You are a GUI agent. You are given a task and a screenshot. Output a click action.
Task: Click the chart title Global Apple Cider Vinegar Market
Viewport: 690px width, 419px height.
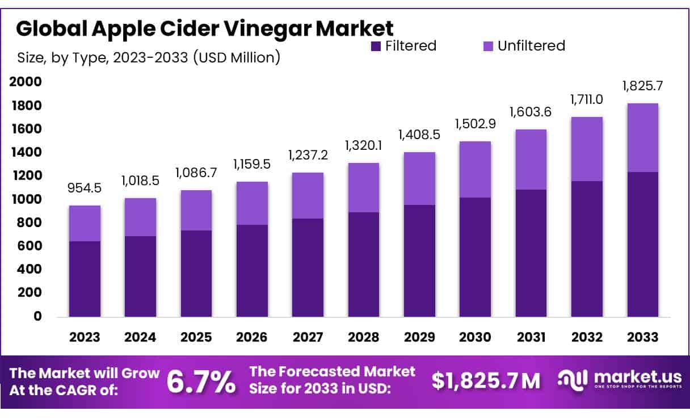(x=204, y=28)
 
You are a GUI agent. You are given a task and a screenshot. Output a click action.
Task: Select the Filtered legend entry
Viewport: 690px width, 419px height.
(x=403, y=46)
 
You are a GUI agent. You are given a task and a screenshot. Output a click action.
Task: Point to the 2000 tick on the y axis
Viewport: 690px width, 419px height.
(x=26, y=82)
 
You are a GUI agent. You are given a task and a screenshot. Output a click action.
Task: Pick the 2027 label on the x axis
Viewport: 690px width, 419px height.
(x=308, y=337)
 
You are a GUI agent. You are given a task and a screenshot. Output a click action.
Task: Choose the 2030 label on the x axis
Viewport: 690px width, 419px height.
(x=476, y=337)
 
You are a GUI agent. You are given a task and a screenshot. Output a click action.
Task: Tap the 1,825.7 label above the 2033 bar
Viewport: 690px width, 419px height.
(x=642, y=86)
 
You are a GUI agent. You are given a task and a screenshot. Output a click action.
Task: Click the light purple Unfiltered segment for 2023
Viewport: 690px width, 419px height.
(x=85, y=223)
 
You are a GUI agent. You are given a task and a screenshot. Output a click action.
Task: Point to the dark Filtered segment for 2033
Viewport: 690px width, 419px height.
(x=642, y=244)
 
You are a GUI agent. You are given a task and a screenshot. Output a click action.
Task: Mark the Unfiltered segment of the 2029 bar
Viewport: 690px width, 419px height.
(x=419, y=178)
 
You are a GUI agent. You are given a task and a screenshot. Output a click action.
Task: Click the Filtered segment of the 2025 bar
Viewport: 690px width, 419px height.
(x=196, y=273)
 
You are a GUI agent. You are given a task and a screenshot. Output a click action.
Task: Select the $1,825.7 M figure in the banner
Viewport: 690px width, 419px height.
(x=486, y=381)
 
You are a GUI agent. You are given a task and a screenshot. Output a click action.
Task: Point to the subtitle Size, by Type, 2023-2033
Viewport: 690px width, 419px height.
(x=148, y=57)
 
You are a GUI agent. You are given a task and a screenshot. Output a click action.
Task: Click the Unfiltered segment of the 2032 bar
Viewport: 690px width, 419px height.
(x=587, y=149)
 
